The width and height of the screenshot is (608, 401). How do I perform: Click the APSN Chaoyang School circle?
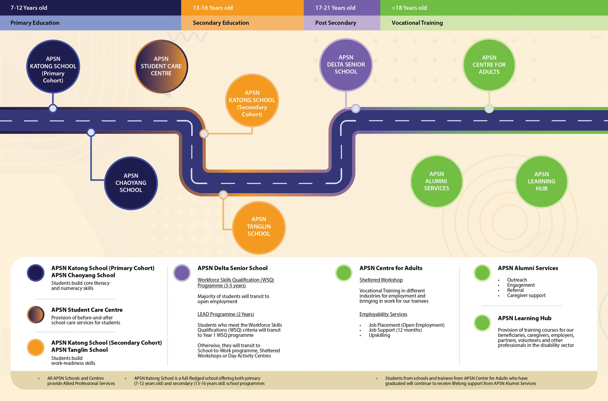click(x=131, y=183)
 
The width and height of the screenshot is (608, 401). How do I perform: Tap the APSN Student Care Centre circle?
click(x=161, y=66)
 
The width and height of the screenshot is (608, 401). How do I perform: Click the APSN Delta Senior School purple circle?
click(x=346, y=65)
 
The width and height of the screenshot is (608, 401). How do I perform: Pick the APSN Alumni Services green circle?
click(x=437, y=181)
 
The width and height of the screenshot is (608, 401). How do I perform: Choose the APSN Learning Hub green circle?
click(x=541, y=181)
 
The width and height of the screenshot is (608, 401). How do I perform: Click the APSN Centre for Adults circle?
click(x=489, y=65)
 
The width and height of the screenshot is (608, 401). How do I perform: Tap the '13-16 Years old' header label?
click(x=213, y=8)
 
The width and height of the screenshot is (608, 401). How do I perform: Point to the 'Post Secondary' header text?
click(x=336, y=23)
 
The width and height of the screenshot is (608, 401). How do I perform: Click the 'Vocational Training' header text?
click(x=417, y=23)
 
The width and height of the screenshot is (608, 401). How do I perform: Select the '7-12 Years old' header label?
click(x=29, y=8)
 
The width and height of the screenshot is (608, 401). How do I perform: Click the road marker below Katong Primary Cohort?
click(x=53, y=108)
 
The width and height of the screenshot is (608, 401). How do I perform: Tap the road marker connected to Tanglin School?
click(x=223, y=195)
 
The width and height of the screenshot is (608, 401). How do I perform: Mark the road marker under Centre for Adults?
click(x=489, y=109)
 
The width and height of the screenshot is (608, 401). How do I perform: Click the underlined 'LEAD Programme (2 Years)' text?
click(x=226, y=314)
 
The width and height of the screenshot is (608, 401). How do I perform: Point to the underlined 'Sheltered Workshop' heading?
click(x=381, y=280)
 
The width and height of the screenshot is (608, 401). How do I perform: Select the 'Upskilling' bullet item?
click(x=379, y=335)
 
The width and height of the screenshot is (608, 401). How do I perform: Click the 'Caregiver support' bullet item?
click(x=526, y=295)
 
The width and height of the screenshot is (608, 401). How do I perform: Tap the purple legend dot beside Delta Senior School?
click(x=182, y=273)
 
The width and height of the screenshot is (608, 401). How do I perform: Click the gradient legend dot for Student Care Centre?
click(x=36, y=314)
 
